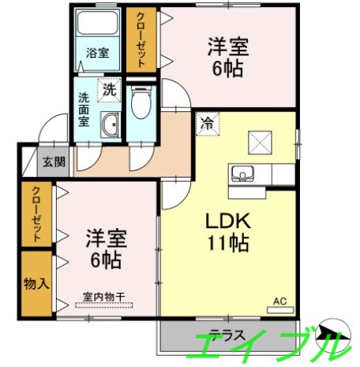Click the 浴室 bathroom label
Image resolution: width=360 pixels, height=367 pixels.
pyautogui.click(x=98, y=54)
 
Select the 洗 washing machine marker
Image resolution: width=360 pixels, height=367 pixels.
pyautogui.click(x=109, y=91)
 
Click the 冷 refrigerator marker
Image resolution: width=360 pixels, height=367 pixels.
pyautogui.click(x=206, y=122)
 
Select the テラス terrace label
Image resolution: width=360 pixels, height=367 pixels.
pyautogui.click(x=227, y=334)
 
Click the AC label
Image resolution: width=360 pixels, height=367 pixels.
pyautogui.click(x=279, y=301)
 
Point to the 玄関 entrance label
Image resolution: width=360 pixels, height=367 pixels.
pyautogui.click(x=54, y=163)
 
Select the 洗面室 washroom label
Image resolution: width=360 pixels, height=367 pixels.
pyautogui.click(x=84, y=110)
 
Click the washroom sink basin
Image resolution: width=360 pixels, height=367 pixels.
pyautogui.click(x=111, y=125)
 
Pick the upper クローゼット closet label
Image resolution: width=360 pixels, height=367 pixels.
pyautogui.click(x=141, y=39)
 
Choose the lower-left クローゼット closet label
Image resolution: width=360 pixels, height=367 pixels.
pyautogui.click(x=36, y=212)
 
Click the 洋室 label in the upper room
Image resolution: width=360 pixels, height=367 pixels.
pyautogui.click(x=229, y=47)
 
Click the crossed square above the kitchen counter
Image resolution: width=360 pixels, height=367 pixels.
pyautogui.click(x=260, y=143)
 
